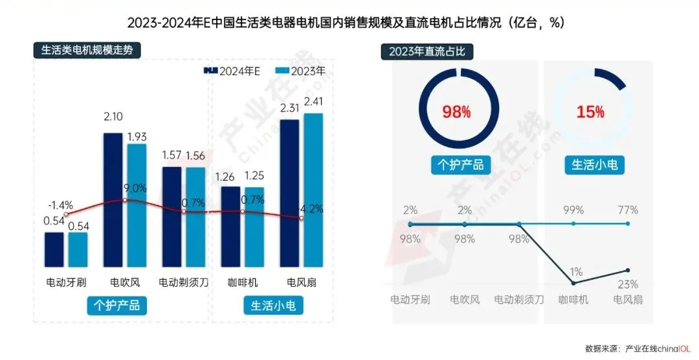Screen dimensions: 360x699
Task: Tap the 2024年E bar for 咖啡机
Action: pyautogui.click(x=230, y=227)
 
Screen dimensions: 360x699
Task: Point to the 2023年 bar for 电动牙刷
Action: pyautogui.click(x=77, y=249)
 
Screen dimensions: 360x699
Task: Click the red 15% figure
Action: pyautogui.click(x=590, y=112)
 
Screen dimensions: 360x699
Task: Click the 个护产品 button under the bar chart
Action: pyautogui.click(x=116, y=304)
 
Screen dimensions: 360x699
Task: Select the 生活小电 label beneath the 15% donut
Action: pyautogui.click(x=594, y=164)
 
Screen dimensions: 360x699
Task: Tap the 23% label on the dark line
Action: pyautogui.click(x=628, y=284)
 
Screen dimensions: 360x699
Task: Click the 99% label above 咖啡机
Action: pyautogui.click(x=573, y=210)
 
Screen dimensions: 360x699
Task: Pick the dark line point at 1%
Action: pyautogui.click(x=573, y=283)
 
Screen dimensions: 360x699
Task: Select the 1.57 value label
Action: pyautogui.click(x=173, y=156)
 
